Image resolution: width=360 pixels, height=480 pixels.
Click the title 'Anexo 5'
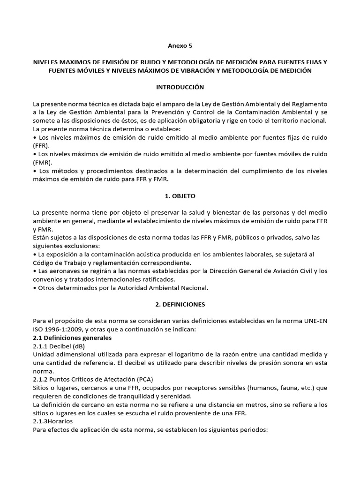click(180, 46)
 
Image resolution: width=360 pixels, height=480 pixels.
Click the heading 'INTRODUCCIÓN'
click(180, 87)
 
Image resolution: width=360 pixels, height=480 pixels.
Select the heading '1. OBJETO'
click(180, 196)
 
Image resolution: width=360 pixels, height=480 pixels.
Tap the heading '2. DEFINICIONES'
click(180, 304)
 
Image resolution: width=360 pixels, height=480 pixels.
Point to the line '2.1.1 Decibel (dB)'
click(59, 346)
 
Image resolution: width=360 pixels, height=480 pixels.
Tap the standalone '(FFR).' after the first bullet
click(42, 146)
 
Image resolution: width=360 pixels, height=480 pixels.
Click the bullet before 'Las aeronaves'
click(35, 271)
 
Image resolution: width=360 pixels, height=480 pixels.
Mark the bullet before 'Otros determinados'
click(35, 287)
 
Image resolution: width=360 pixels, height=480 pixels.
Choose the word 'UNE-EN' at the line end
click(315, 321)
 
